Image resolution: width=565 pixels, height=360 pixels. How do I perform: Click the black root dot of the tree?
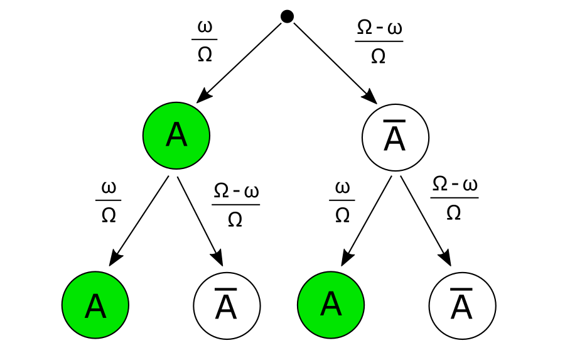287,16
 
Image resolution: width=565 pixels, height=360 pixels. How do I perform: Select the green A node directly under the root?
176,136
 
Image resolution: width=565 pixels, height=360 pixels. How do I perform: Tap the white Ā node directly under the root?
395,138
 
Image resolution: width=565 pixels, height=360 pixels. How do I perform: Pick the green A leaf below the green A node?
95,305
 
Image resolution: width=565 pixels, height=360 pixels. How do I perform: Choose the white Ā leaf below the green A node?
227,306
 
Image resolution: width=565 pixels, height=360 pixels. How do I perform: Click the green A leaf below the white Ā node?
331,304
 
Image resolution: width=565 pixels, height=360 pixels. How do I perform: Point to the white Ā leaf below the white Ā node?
463,306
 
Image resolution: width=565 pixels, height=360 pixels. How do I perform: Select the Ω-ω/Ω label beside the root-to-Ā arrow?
379,41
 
